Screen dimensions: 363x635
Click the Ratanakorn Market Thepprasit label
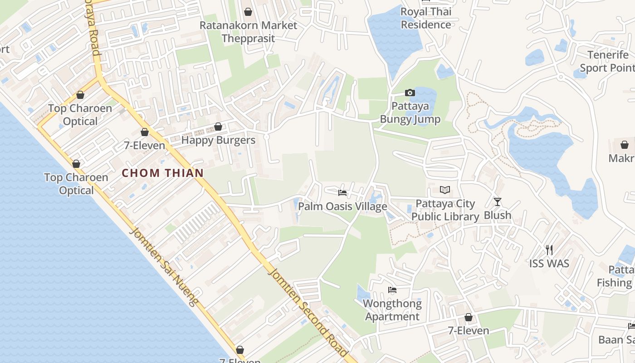[249, 32]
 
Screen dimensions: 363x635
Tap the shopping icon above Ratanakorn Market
[248, 11]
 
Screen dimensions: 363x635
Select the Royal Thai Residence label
[426, 18]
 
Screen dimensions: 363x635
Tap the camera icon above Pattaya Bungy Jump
[410, 93]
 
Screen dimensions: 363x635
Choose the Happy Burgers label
[218, 140]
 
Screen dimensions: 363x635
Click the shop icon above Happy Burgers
[218, 127]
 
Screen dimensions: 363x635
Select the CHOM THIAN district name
[162, 173]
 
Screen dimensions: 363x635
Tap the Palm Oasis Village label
[342, 206]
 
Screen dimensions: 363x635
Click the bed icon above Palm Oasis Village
[342, 193]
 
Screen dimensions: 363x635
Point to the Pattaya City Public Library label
[445, 210]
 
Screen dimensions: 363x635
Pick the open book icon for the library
[445, 190]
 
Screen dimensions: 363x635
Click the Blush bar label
[498, 215]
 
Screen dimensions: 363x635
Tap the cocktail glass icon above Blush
[498, 201]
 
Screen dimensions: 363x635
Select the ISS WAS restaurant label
[549, 263]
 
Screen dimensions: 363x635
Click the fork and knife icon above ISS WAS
[549, 250]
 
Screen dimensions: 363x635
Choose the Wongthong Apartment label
[392, 310]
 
